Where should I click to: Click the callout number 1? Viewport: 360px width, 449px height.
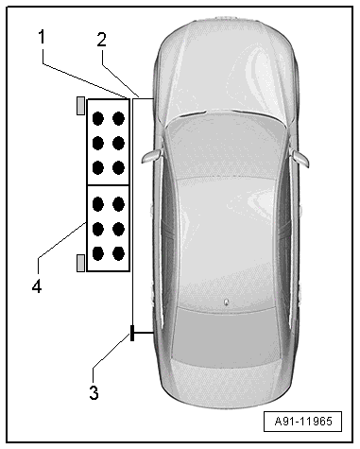tap(42, 37)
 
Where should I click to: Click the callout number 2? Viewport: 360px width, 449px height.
tap(101, 40)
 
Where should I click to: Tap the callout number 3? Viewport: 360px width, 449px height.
tap(94, 392)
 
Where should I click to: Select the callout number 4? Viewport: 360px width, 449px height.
tap(37, 286)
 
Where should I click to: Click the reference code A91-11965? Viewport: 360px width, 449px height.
tap(303, 421)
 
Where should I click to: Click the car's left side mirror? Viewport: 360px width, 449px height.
tap(151, 156)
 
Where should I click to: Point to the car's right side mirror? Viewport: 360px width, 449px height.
tap(300, 158)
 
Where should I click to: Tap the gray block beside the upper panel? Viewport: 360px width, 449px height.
tap(81, 106)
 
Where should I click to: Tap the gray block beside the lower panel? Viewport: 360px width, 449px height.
tap(81, 263)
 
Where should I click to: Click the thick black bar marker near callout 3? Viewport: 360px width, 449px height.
tap(132, 333)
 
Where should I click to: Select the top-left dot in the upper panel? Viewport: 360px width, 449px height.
tap(98, 119)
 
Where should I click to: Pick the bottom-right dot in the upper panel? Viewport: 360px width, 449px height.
tap(118, 167)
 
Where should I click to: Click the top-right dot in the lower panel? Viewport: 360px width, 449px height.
tap(118, 204)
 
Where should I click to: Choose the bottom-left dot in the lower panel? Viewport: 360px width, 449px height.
tap(98, 253)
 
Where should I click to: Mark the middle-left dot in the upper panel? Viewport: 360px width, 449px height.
tap(98, 143)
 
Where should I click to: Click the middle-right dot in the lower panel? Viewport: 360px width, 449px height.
tap(118, 229)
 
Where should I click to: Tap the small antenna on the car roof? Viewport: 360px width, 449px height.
tap(226, 302)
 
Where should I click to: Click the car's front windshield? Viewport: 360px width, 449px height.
tap(226, 148)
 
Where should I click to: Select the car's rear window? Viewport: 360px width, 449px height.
tap(226, 337)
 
